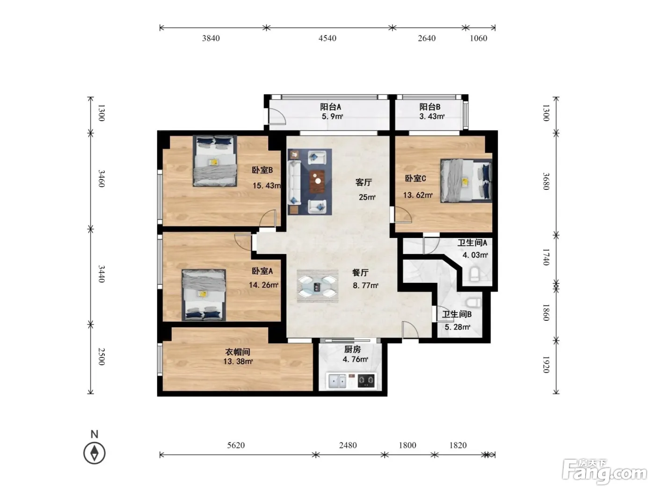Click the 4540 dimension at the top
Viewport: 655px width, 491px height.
[327, 38]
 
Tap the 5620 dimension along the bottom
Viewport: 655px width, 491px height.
[236, 445]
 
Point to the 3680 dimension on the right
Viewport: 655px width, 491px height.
[546, 181]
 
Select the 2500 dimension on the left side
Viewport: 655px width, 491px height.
[102, 356]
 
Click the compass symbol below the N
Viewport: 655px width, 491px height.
[95, 453]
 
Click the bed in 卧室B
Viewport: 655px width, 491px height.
[215, 161]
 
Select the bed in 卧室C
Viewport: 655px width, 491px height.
[466, 181]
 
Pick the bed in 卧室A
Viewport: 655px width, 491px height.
[204, 295]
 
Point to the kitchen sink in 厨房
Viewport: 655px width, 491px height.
[337, 381]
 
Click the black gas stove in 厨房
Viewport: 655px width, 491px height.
[366, 380]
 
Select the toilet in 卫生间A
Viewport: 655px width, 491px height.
[474, 274]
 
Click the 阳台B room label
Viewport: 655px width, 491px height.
[429, 107]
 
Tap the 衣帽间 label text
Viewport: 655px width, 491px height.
[238, 352]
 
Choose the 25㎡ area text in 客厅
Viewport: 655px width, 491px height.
[367, 197]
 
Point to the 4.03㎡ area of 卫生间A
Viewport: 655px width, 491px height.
[475, 255]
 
